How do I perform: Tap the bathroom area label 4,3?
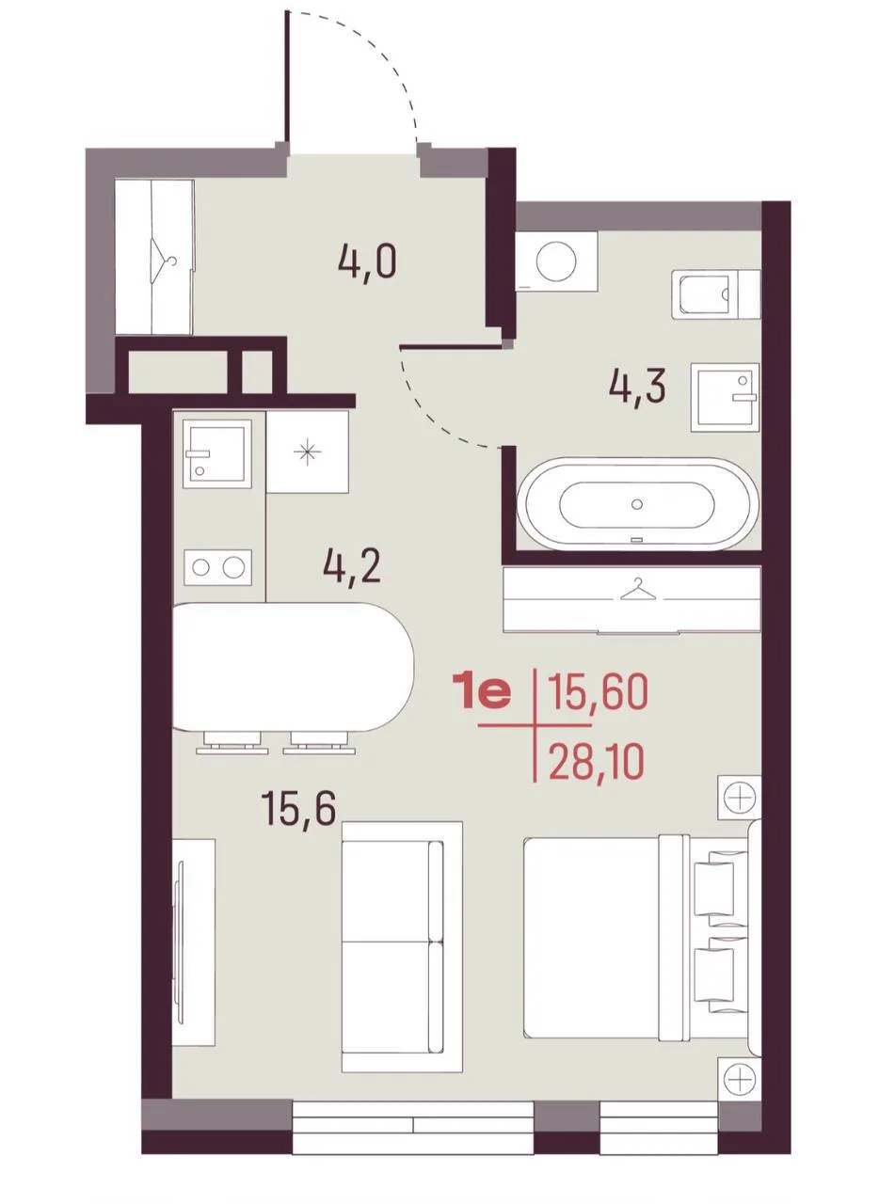[637, 388]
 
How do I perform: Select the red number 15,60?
[597, 693]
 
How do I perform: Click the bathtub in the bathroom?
[637, 503]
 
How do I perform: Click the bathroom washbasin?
[726, 397]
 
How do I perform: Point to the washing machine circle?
[556, 261]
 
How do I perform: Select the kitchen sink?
[217, 453]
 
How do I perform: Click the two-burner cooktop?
[217, 567]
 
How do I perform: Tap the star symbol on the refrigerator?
[308, 452]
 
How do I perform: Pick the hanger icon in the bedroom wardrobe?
[637, 589]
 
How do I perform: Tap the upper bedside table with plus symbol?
[740, 798]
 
